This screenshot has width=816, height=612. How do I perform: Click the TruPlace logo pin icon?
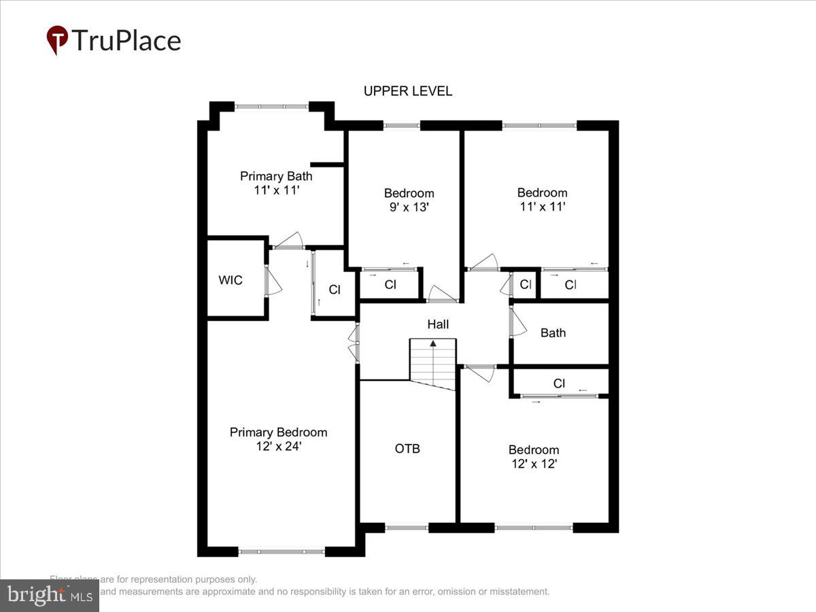tap(57, 40)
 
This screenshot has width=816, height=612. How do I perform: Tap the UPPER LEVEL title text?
tap(407, 91)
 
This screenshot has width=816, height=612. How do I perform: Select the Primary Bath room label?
tap(276, 176)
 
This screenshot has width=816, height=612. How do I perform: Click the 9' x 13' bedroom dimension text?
tap(409, 207)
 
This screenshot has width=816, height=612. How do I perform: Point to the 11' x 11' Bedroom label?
tap(542, 192)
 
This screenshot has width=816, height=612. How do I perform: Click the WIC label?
tap(231, 280)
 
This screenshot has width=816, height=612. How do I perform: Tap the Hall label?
tap(438, 325)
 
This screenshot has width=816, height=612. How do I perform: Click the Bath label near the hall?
tap(553, 333)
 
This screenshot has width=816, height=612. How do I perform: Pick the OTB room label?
tap(407, 448)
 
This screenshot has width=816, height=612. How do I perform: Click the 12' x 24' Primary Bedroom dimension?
tap(278, 447)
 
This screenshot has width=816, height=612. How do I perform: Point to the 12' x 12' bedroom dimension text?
tap(534, 464)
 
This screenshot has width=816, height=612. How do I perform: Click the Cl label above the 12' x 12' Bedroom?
tap(559, 384)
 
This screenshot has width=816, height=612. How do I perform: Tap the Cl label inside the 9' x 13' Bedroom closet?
tap(390, 285)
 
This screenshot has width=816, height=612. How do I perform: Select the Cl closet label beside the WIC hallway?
tap(335, 289)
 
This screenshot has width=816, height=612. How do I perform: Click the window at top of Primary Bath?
tap(271, 106)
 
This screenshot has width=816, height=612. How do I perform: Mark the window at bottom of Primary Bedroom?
tap(282, 551)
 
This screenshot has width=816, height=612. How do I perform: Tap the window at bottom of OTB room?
tap(407, 527)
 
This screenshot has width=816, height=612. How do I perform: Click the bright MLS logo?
tap(49, 595)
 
